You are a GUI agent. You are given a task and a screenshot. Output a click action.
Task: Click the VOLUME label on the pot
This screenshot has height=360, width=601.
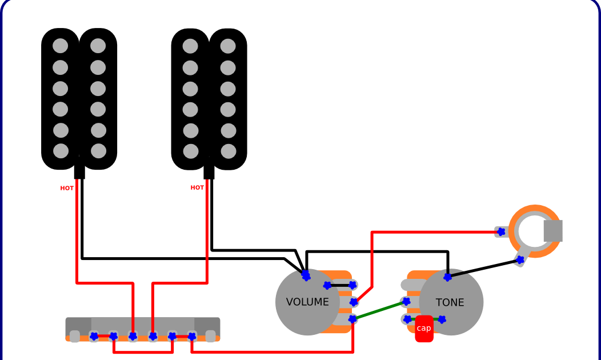307,302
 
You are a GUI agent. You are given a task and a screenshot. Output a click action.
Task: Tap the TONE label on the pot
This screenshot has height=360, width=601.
450,303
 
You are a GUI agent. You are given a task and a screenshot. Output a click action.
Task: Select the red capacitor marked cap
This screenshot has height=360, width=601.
424,329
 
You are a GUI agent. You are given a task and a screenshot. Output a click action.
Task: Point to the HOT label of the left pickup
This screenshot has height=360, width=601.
67,188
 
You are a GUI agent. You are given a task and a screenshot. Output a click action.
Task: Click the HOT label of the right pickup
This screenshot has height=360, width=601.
197,187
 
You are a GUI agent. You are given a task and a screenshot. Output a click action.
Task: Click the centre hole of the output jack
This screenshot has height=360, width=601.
535,231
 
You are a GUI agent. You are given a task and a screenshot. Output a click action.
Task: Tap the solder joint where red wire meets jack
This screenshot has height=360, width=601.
501,231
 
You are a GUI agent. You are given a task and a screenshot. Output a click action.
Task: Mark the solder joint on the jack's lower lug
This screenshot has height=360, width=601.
520,260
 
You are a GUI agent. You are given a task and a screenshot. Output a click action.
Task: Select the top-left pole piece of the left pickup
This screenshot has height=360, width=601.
60,46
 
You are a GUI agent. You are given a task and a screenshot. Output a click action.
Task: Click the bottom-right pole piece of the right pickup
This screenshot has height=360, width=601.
229,151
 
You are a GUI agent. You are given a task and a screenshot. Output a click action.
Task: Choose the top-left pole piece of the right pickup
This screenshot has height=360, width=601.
190,46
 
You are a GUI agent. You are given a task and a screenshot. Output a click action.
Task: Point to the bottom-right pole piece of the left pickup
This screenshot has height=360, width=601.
99,151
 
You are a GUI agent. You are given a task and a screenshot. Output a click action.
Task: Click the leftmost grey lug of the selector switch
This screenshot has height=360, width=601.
74,336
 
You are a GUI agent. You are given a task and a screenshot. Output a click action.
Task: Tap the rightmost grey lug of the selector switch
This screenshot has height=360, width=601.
211,336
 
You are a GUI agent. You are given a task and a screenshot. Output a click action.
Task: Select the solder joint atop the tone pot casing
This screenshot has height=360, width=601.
448,277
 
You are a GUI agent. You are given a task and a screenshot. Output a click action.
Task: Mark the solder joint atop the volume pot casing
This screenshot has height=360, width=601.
306,276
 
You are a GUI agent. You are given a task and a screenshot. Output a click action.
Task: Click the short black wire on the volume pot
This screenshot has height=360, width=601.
340,285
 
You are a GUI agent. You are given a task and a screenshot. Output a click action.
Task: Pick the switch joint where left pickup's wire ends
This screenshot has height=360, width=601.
133,336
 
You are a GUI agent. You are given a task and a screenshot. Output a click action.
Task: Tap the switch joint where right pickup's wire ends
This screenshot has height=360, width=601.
153,336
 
